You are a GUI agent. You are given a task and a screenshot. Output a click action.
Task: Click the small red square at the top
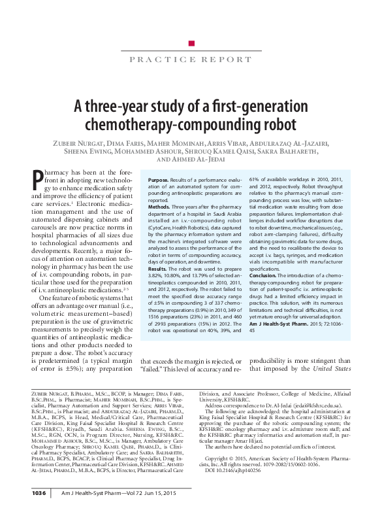tap(191, 43)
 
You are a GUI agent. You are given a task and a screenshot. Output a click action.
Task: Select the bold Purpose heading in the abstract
tap(159, 179)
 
